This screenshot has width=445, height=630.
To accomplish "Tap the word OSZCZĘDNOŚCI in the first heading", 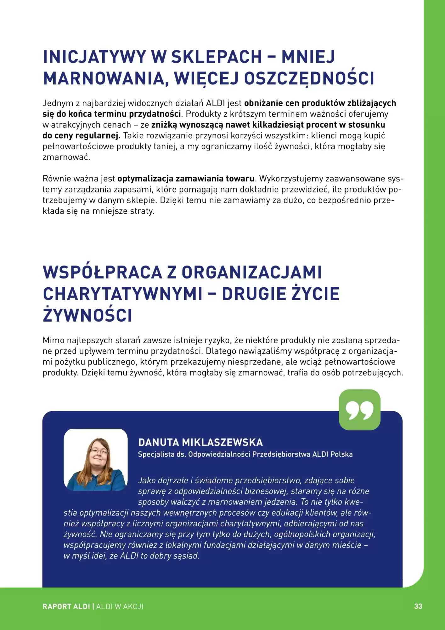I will pyautogui.click(x=309, y=78).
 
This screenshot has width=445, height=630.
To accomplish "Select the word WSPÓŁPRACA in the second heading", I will pyautogui.click(x=102, y=272).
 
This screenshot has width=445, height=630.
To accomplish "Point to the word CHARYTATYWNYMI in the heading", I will pyautogui.click(x=122, y=294).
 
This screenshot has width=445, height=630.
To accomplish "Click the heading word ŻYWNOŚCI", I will pyautogui.click(x=87, y=315).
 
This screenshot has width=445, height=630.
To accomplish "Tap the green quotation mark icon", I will pyautogui.click(x=359, y=410).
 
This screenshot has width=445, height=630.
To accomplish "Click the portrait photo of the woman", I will pyautogui.click(x=96, y=460).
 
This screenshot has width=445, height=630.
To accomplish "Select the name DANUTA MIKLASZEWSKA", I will pyautogui.click(x=200, y=442).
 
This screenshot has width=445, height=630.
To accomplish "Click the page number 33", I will pyautogui.click(x=418, y=606).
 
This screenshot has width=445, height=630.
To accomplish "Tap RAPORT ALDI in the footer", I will pyautogui.click(x=66, y=607).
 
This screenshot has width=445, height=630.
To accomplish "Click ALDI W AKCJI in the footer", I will pyautogui.click(x=120, y=607).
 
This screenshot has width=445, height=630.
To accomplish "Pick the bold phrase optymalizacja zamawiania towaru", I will pyautogui.click(x=186, y=179).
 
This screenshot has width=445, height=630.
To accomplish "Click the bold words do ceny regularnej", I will pyautogui.click(x=81, y=136).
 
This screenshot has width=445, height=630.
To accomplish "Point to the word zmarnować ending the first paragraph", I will pyautogui.click(x=66, y=157).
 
